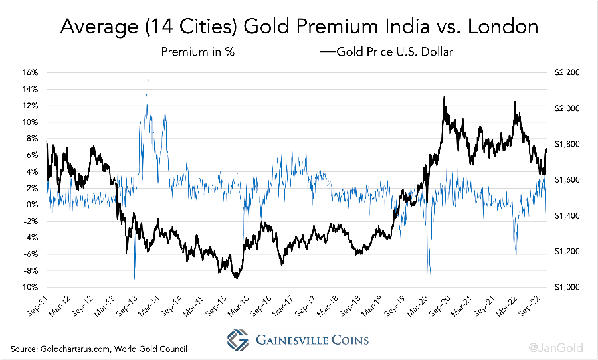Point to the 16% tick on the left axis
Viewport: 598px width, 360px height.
point(32,72)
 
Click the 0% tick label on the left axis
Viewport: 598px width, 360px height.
point(33,205)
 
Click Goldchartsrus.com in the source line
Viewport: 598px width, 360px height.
point(74,349)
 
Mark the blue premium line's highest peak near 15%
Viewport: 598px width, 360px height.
point(148,82)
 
